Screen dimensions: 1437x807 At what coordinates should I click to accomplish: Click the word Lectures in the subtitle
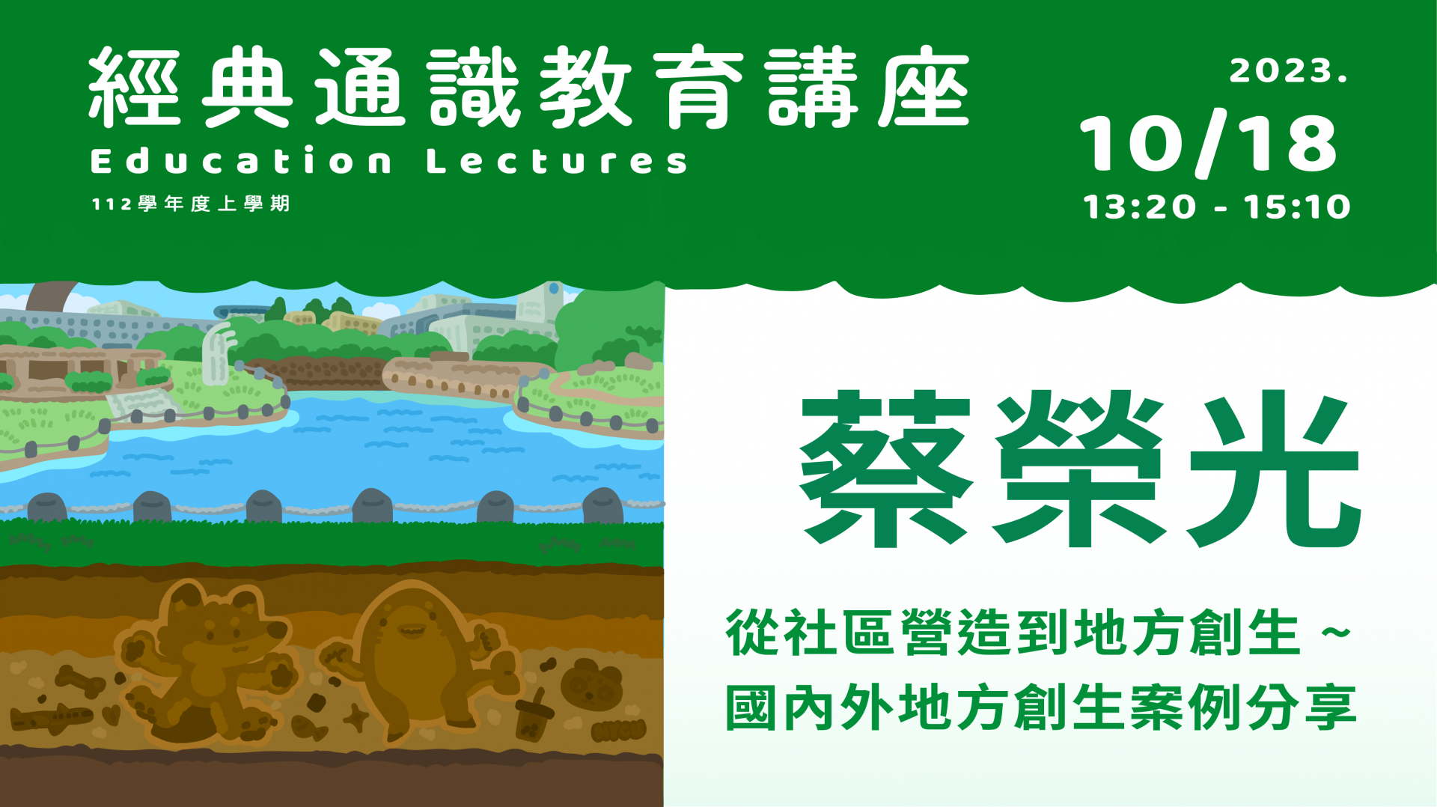pyautogui.click(x=557, y=161)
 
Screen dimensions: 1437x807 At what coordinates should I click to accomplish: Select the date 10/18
pyautogui.click(x=1208, y=144)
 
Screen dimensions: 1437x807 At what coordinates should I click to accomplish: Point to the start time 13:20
pyautogui.click(x=1139, y=207)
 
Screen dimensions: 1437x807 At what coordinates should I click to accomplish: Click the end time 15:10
pyautogui.click(x=1298, y=207)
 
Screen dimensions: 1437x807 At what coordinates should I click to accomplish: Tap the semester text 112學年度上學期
pyautogui.click(x=191, y=204)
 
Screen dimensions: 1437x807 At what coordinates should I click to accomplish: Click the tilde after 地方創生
pyautogui.click(x=1336, y=633)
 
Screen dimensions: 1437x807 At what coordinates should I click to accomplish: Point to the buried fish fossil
pyautogui.click(x=308, y=727)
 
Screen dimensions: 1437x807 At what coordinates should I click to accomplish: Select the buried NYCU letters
pyautogui.click(x=617, y=729)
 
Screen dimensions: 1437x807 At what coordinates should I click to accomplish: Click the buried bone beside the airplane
pyautogui.click(x=79, y=681)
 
